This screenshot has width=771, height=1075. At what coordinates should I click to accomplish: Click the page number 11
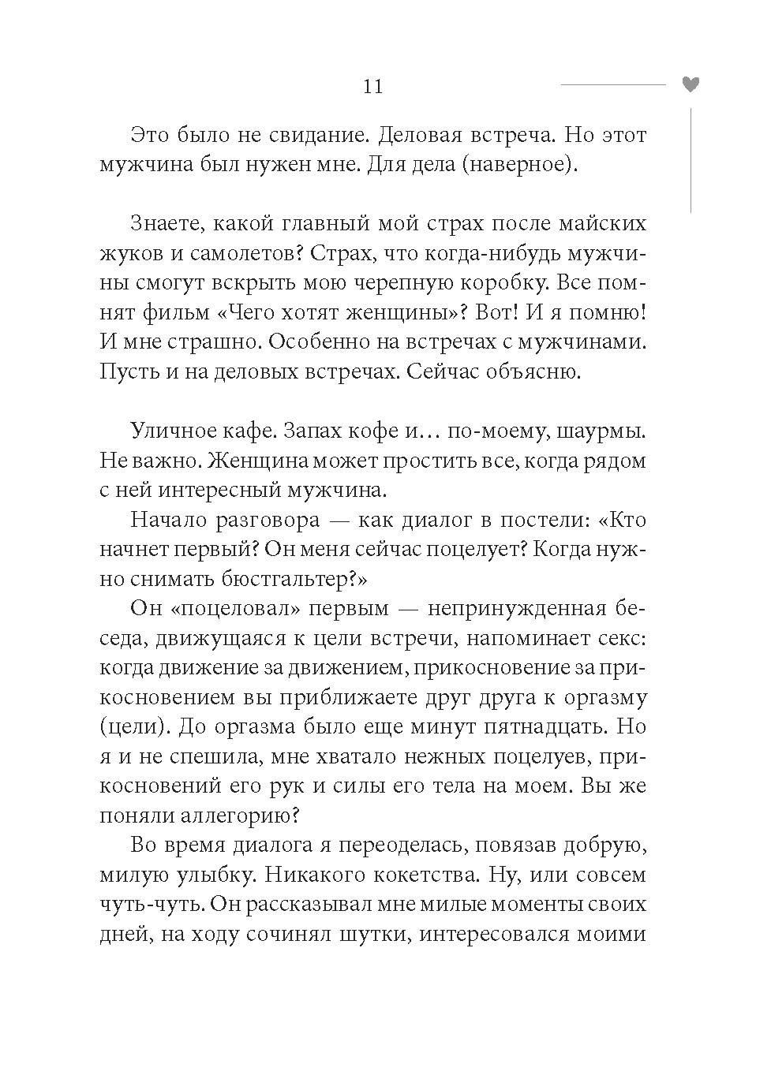pyautogui.click(x=372, y=87)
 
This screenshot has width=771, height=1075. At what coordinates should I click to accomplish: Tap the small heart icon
pyautogui.click(x=691, y=84)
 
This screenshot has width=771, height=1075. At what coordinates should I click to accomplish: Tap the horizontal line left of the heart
pyautogui.click(x=612, y=84)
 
